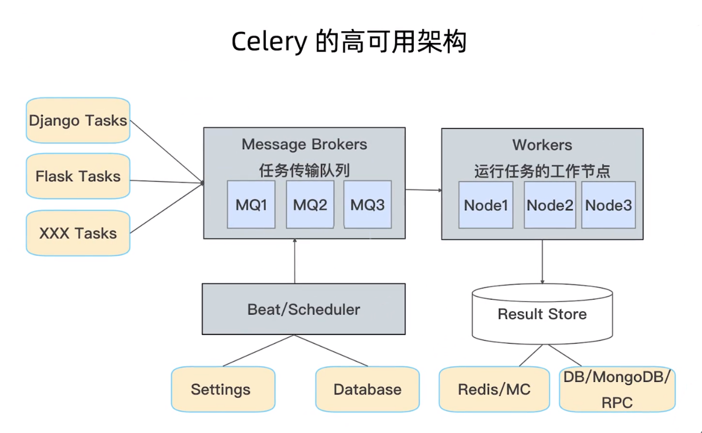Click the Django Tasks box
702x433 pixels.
78,120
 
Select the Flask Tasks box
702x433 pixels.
78,176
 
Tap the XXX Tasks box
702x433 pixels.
78,233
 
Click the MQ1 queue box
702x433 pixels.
251,204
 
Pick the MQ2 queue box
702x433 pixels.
310,204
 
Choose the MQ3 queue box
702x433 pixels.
367,204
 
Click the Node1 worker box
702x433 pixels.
486,205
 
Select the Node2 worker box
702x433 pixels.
549,205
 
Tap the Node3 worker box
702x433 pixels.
608,205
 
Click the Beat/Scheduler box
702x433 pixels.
303,309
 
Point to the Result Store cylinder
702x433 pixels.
542,314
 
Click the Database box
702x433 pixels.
367,389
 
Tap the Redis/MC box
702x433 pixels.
494,389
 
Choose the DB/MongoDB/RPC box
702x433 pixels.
617,389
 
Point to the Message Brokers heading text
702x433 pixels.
304,145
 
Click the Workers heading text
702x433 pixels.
542,145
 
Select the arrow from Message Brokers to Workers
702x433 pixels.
423,190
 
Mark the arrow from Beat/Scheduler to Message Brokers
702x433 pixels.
295,261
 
